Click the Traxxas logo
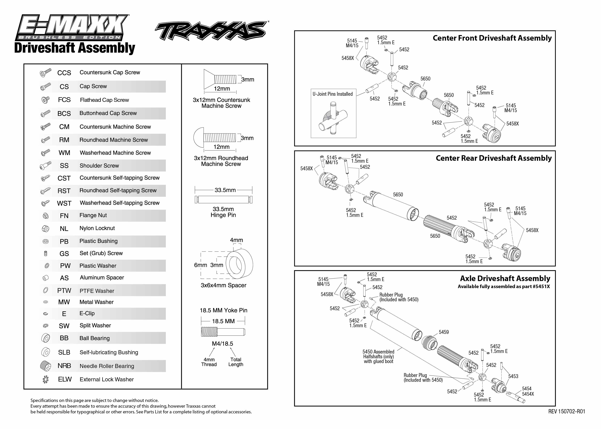pyautogui.click(x=211, y=31)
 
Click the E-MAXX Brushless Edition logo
pyautogui.click(x=72, y=27)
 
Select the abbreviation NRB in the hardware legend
pyautogui.click(x=64, y=366)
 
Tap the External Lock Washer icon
pyautogui.click(x=45, y=379)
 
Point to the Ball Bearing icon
pyautogui.click(x=46, y=338)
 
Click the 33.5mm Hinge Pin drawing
pyautogui.click(x=223, y=199)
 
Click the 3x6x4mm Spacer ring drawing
pyautogui.click(x=239, y=264)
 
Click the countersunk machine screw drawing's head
pyautogui.click(x=209, y=79)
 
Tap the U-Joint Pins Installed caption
pyautogui.click(x=333, y=94)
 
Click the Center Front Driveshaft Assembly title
pyautogui.click(x=492, y=38)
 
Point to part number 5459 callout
pyautogui.click(x=443, y=332)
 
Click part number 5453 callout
pyautogui.click(x=513, y=376)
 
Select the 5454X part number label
pyautogui.click(x=528, y=394)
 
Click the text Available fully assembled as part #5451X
pyautogui.click(x=504, y=287)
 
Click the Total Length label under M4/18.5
pyautogui.click(x=235, y=362)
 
